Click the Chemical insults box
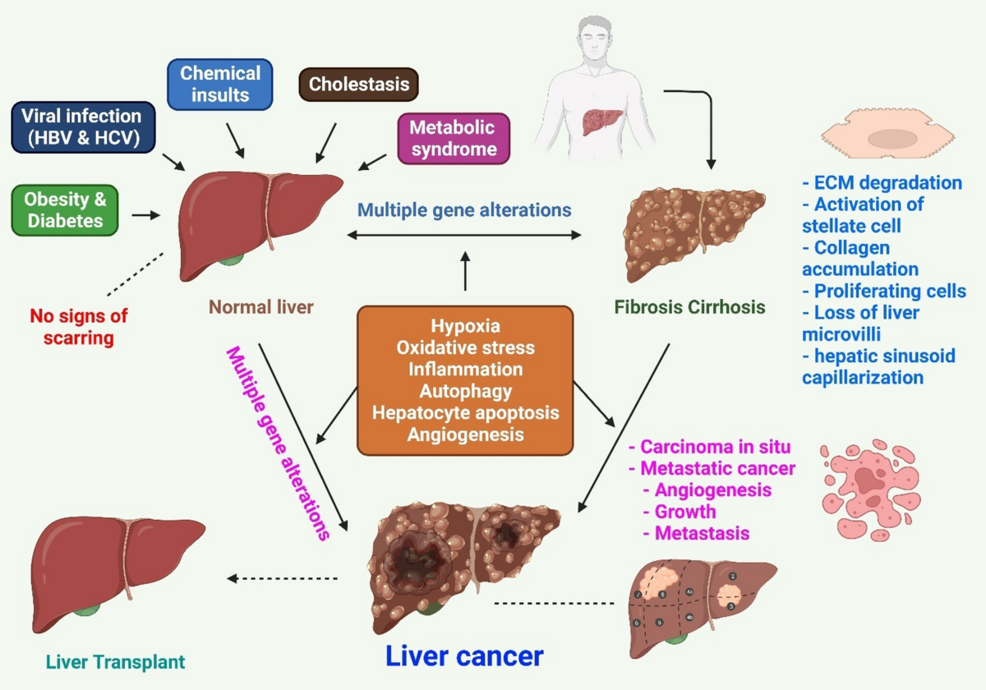coord(219,84)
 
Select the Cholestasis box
coord(358,84)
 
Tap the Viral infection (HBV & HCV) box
coord(82,127)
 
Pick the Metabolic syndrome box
coord(453,138)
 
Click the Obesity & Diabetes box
coord(65,209)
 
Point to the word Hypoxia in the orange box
coord(465,326)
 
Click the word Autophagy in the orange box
coord(465,391)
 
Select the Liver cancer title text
coord(464,655)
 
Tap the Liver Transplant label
coord(115,661)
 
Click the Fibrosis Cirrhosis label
coord(689,308)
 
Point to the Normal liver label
coord(261,308)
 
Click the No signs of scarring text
coord(79,326)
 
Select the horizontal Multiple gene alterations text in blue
coord(464,209)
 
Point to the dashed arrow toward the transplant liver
coord(283,578)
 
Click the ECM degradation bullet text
coord(883,182)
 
